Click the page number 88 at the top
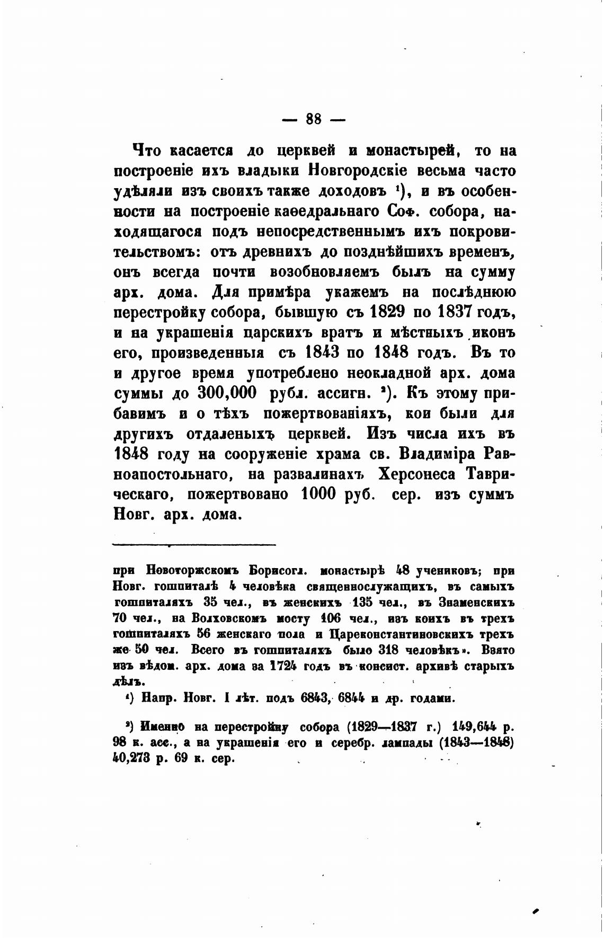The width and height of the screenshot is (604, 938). pyautogui.click(x=314, y=120)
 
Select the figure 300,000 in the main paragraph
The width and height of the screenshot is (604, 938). pyautogui.click(x=227, y=393)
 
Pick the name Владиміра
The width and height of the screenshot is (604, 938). pyautogui.click(x=443, y=453)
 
